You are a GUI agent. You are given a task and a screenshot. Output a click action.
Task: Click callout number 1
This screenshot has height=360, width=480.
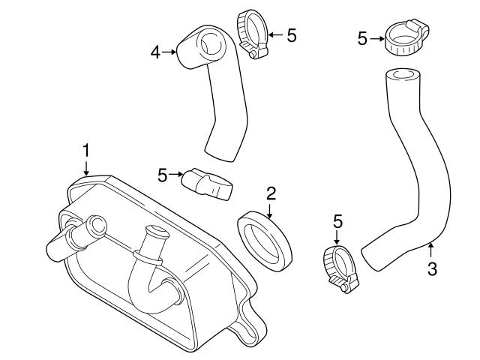[x=86, y=150]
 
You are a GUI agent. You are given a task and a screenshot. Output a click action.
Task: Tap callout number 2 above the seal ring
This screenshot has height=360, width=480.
[x=271, y=193]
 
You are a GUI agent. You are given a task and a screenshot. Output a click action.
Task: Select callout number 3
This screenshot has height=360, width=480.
[x=432, y=268]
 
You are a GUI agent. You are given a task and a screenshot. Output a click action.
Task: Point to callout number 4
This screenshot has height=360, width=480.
[x=155, y=52]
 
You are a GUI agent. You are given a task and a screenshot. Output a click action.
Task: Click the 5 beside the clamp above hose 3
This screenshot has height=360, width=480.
[x=362, y=38]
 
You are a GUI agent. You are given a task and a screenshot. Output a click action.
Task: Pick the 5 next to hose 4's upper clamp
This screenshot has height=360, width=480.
[x=292, y=34]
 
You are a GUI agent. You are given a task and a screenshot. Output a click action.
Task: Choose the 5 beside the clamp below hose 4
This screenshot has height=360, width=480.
[x=162, y=175]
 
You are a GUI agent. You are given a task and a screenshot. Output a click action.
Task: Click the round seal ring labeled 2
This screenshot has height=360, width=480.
[x=265, y=240]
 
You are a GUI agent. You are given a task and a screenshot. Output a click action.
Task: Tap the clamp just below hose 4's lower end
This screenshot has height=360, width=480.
[x=210, y=184]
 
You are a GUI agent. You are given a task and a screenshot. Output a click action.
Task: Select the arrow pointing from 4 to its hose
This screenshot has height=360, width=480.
[x=169, y=52]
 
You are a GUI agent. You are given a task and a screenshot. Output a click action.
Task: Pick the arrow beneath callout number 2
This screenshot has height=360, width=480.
[x=270, y=210]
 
